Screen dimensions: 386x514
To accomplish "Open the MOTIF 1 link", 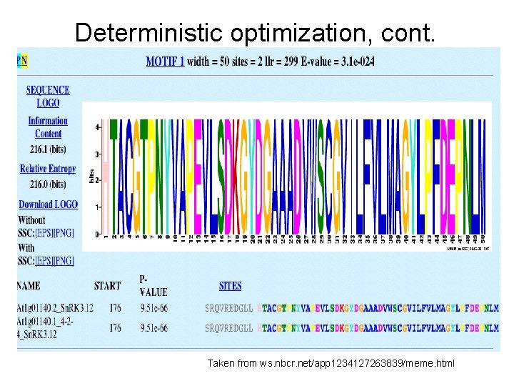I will click(165, 61).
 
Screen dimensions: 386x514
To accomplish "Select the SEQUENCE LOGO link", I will click(48, 96).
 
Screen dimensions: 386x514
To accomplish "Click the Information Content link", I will click(48, 127).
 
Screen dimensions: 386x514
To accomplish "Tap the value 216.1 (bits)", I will click(48, 152).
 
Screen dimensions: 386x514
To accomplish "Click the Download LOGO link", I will click(48, 204).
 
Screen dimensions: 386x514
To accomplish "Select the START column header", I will click(107, 286).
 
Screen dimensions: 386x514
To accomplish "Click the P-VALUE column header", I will click(153, 286).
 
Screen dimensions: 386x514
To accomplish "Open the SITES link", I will click(230, 286).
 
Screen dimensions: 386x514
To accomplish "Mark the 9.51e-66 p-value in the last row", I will click(153, 328).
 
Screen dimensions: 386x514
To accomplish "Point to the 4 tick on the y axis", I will click(97, 127).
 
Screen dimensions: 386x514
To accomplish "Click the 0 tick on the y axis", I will click(97, 234).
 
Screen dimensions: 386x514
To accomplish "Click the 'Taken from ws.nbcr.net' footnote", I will click(331, 364).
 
